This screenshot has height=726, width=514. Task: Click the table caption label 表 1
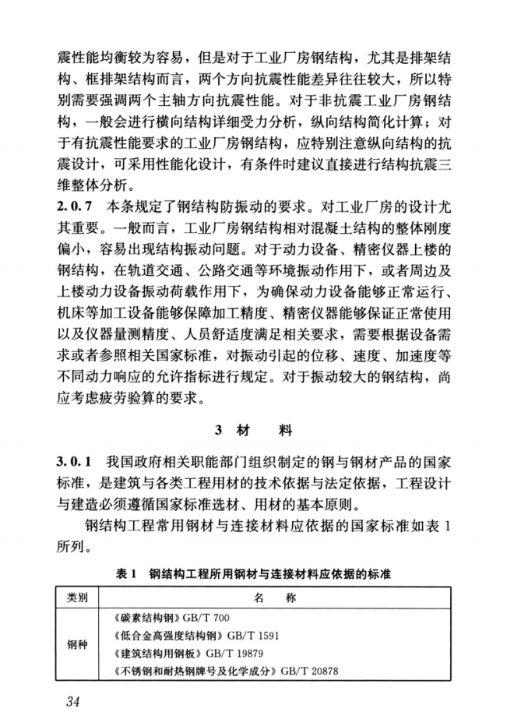pyautogui.click(x=126, y=574)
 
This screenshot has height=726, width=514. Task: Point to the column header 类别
pyautogui.click(x=78, y=598)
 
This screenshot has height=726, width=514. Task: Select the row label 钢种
pyautogui.click(x=78, y=645)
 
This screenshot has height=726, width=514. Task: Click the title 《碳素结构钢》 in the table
pyautogui.click(x=147, y=619)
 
